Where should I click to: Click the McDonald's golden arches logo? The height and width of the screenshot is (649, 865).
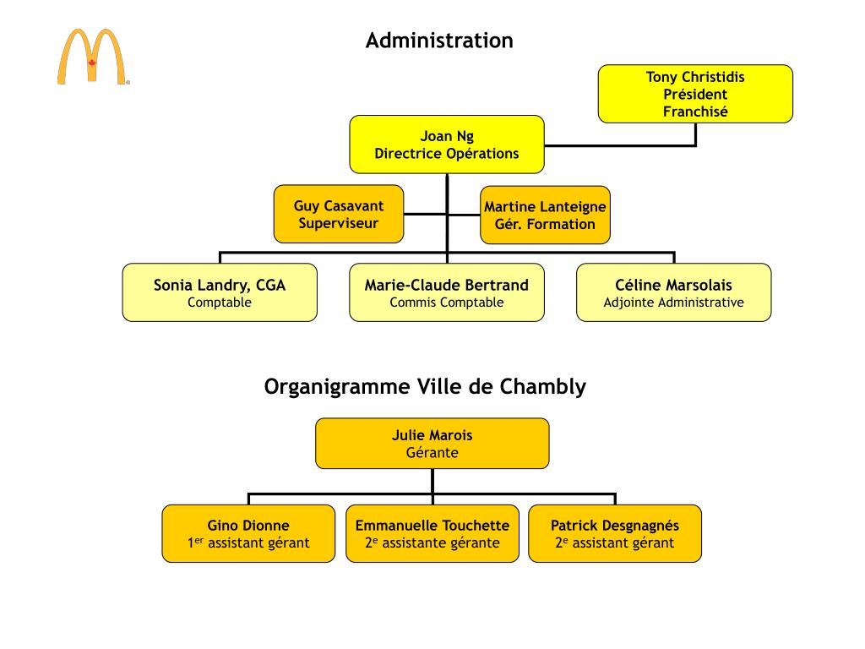point(93,57)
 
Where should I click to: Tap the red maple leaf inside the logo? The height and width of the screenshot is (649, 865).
point(93,63)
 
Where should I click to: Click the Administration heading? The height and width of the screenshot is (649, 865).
point(438,41)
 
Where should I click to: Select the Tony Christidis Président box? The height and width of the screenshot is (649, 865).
point(695,94)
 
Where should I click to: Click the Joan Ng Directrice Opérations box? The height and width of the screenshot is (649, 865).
point(447,145)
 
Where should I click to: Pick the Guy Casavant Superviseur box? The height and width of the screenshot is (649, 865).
point(339,215)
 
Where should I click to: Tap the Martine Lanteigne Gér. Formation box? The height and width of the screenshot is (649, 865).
point(545,215)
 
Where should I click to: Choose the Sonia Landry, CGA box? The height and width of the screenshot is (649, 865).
point(220,292)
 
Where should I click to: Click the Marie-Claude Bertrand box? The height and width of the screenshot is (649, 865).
point(446,292)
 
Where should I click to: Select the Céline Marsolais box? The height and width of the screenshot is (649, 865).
point(673,292)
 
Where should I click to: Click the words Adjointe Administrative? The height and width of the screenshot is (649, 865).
point(673,303)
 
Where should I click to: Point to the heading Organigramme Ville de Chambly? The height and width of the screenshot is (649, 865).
point(425,387)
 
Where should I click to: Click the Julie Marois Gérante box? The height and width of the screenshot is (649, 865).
point(432,444)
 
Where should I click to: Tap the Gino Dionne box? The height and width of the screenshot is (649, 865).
point(248,533)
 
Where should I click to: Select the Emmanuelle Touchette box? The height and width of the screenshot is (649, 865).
point(432,533)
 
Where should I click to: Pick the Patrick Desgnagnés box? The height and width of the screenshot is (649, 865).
point(615,533)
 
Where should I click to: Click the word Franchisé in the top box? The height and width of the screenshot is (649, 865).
point(695,112)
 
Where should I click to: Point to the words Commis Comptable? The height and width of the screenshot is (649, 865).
point(446,303)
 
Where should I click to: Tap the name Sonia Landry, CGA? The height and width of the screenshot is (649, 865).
point(220,286)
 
